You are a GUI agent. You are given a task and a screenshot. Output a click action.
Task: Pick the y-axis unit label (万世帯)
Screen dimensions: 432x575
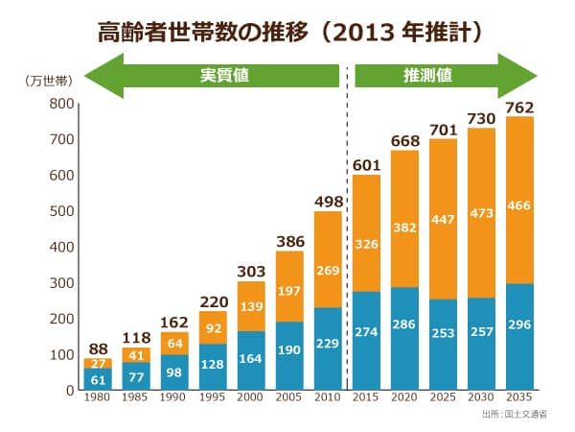(43, 82)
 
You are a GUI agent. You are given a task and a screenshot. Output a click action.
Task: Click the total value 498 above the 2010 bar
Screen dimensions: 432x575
(327, 201)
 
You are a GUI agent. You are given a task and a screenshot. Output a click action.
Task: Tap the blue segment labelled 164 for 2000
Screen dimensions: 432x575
(249, 360)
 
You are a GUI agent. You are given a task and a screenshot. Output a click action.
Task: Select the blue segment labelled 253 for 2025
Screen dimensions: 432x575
(444, 345)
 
